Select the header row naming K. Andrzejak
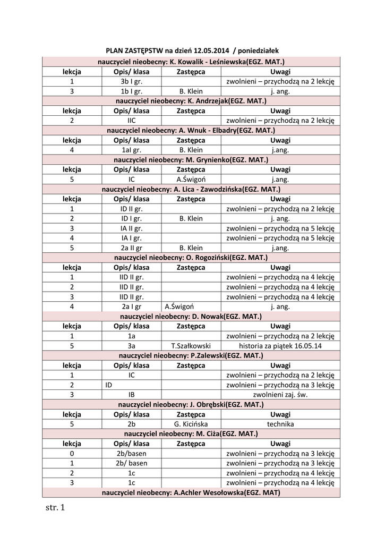click(191, 101)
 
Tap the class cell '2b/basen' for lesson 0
click(132, 453)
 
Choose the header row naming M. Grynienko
click(191, 160)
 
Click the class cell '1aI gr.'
click(132, 150)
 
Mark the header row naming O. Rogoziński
click(191, 257)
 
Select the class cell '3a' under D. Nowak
click(132, 345)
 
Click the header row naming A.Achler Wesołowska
click(191, 492)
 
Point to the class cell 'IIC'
click(132, 121)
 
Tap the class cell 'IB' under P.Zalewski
click(132, 395)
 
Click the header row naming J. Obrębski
click(191, 404)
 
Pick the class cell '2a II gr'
click(132, 248)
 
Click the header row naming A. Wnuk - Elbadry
click(191, 130)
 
